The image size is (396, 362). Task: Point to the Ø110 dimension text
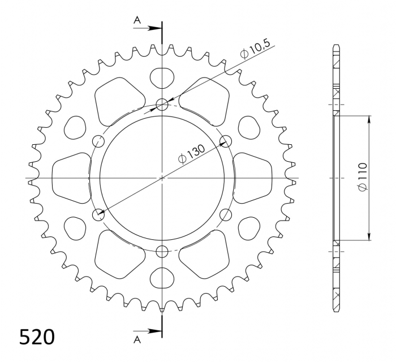(362, 178)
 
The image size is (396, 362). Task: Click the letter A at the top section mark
(137, 20)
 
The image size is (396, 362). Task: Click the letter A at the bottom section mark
(137, 339)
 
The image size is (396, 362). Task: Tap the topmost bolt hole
(162, 104)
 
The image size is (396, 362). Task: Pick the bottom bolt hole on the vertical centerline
(162, 252)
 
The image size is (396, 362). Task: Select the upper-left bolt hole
(98, 141)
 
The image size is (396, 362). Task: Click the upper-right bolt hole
(226, 141)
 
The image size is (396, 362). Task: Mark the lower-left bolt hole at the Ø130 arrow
(98, 214)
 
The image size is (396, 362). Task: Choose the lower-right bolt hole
(226, 214)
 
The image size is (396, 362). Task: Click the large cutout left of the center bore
(71, 178)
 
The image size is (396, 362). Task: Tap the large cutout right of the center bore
(254, 178)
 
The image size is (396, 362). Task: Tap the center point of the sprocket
(162, 178)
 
